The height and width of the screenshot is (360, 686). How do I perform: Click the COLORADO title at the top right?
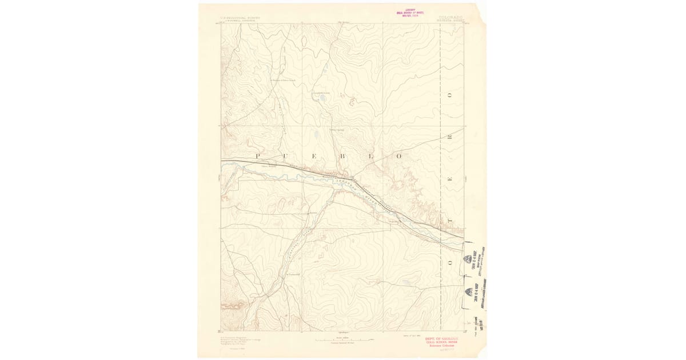tap(451, 18)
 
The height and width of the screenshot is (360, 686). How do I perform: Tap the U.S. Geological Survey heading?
tap(241, 18)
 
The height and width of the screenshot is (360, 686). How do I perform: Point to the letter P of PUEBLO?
tap(258, 156)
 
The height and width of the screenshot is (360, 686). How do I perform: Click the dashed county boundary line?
tap(441, 114)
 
